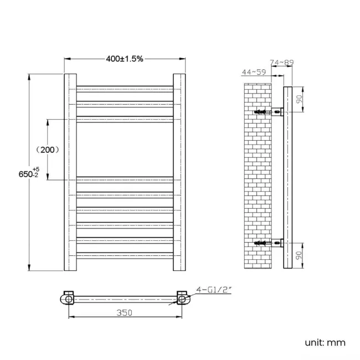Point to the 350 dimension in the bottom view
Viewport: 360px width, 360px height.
pos(125,312)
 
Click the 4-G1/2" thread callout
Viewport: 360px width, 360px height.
pos(211,289)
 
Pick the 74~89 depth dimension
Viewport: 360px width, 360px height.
pos(281,63)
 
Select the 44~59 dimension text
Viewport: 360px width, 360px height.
pos(254,73)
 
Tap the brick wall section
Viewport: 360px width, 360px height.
pos(258,177)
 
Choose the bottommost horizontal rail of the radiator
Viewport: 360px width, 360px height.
pos(125,255)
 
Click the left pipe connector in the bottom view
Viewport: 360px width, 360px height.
pos(68,298)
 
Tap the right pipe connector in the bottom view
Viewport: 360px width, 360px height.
pos(182,298)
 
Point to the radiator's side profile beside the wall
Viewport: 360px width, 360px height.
pos(287,177)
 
